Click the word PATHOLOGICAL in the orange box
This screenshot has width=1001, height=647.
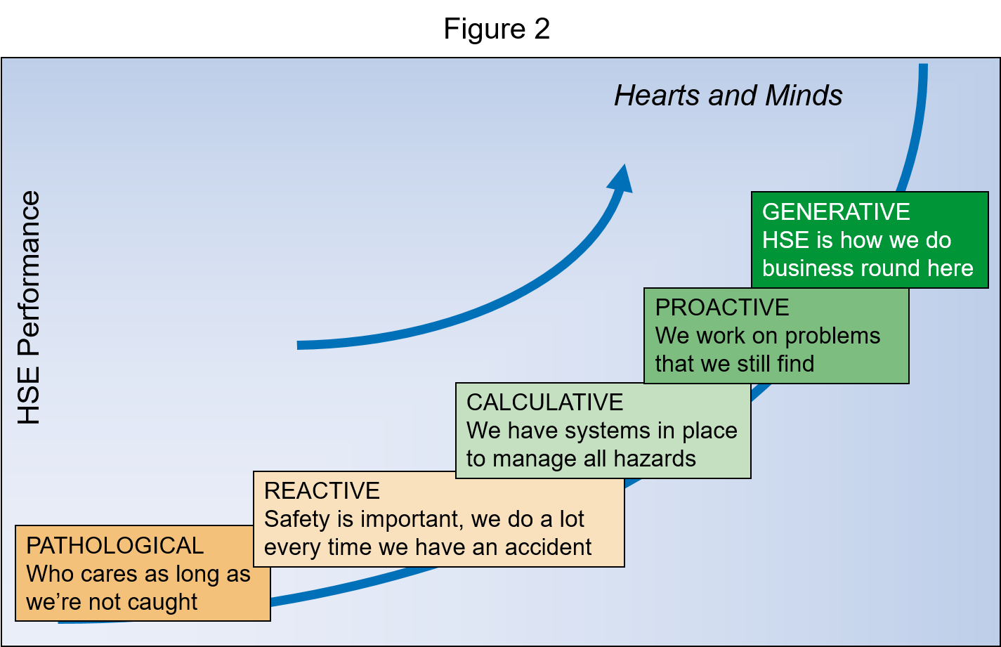[x=115, y=546]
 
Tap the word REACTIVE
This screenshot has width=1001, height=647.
[x=322, y=490]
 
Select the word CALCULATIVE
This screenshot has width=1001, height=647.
[x=544, y=402]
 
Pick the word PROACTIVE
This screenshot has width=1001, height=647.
[x=722, y=307]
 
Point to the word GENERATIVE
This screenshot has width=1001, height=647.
[x=836, y=211]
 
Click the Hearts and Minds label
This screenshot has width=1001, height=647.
[x=728, y=96]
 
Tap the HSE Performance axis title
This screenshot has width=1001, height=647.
[x=30, y=308]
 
